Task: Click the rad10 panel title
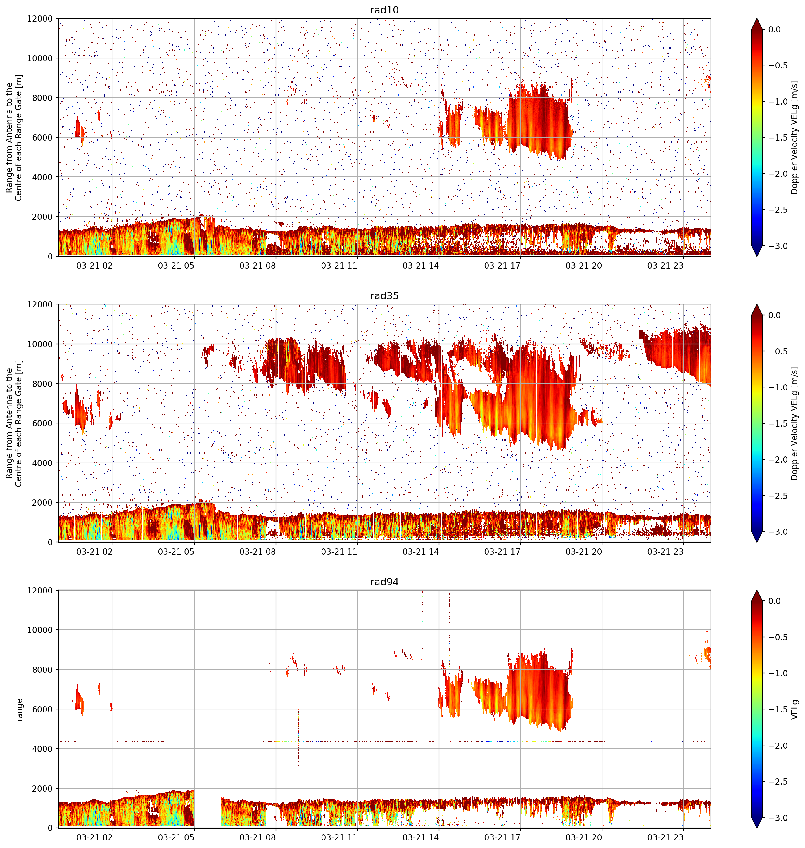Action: [384, 10]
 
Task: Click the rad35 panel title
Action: [384, 296]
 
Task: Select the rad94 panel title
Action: [384, 582]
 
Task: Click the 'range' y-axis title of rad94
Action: [19, 709]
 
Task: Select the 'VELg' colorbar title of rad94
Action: [795, 709]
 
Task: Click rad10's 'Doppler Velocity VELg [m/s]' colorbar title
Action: [795, 138]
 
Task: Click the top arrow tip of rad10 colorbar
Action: [757, 18]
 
